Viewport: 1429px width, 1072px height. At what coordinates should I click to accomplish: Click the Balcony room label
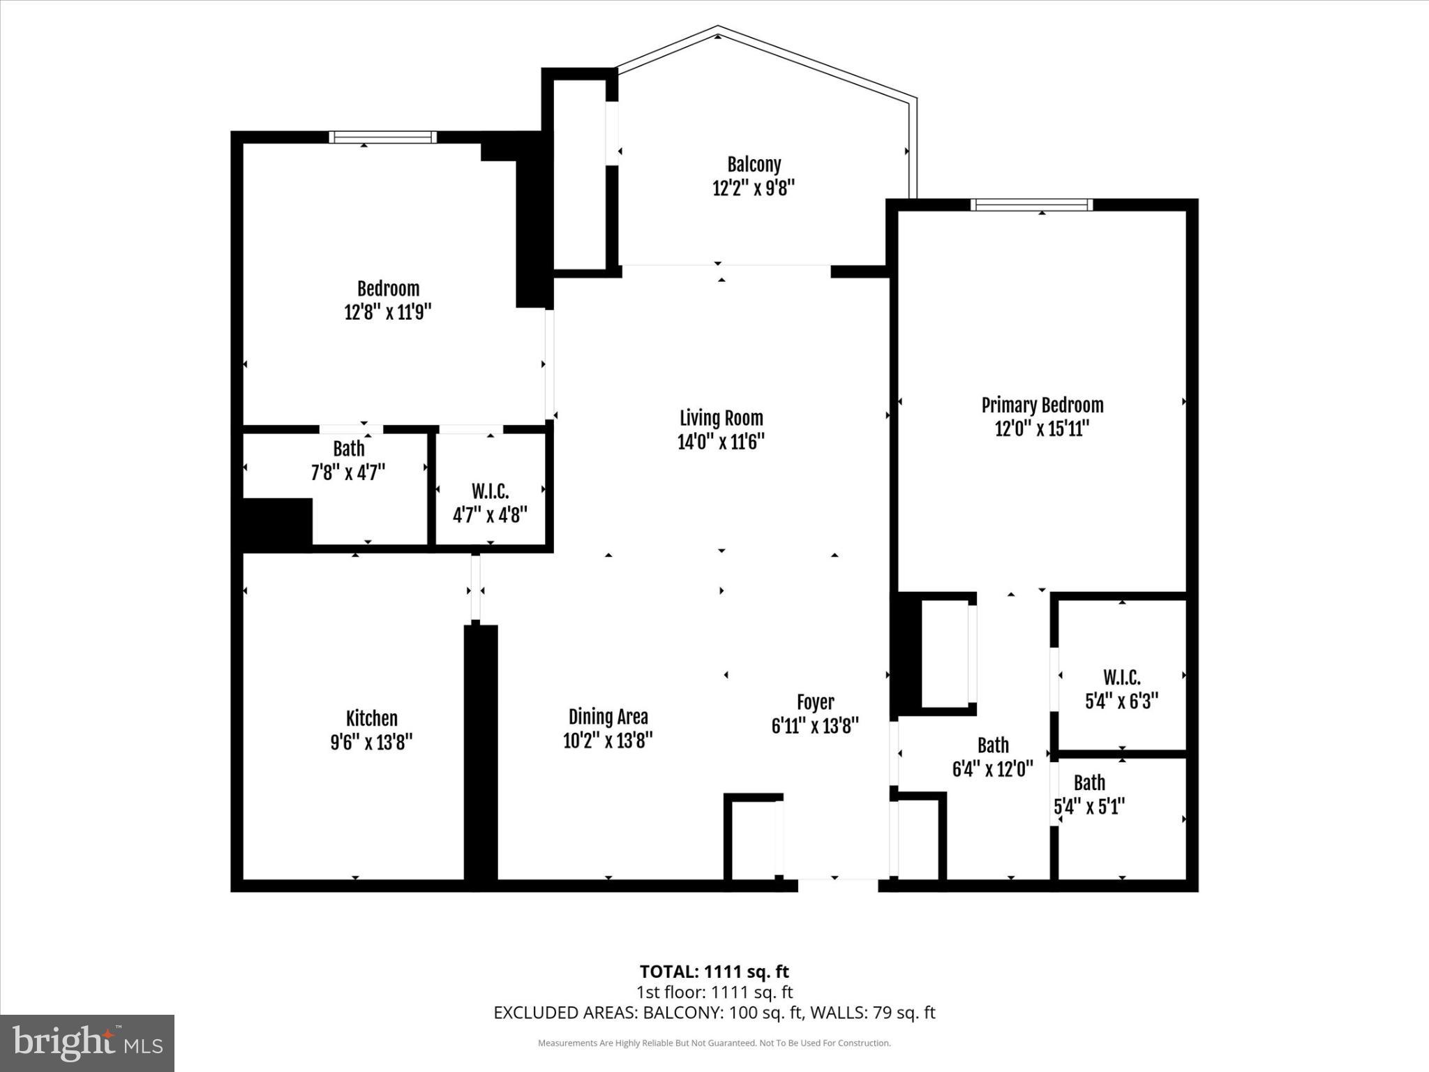coord(754,165)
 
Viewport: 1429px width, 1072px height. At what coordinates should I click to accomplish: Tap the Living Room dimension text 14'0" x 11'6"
coord(721,442)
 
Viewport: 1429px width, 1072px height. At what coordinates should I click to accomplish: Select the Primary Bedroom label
coord(1042,405)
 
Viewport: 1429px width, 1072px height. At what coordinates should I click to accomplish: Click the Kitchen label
coord(371,718)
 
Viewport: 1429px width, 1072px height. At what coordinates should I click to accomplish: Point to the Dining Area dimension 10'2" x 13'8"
coord(608,740)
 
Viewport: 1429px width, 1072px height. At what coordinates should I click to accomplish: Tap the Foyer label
coord(815,702)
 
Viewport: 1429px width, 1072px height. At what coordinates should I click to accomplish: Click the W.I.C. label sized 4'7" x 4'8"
coord(490,491)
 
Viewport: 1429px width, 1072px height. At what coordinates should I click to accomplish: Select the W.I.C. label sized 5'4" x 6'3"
coord(1121,677)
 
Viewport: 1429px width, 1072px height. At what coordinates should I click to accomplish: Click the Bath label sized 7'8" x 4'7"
coord(348,449)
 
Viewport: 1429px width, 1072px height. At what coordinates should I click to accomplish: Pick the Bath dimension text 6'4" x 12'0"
coord(992,769)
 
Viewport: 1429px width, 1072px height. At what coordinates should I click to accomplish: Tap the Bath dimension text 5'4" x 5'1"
coord(1088,807)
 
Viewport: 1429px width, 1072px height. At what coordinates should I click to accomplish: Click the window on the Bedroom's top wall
coord(382,137)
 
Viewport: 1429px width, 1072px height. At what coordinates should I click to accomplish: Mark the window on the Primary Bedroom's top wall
coord(1031,204)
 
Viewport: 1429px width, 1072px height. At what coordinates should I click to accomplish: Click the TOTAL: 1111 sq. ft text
coord(714,971)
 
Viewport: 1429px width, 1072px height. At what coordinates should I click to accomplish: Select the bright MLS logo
coord(87,1043)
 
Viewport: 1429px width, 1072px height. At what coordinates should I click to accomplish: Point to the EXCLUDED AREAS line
coord(714,1012)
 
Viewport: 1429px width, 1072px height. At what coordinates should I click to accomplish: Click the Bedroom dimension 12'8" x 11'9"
coord(388,312)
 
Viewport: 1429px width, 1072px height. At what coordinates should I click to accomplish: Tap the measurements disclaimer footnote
coord(714,1043)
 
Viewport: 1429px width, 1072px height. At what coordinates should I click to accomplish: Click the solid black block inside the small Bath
coord(276,523)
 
